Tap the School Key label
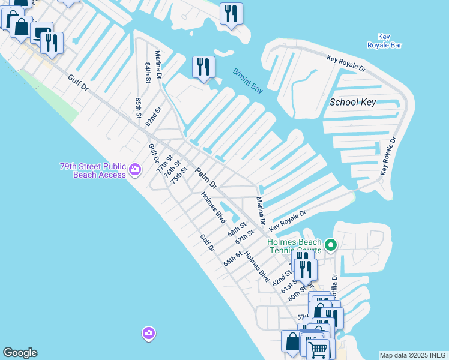pos(353,102)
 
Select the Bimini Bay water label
pos(248,81)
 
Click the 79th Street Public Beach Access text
pos(93,170)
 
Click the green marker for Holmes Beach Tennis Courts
pos(330,245)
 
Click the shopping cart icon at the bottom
pos(318,349)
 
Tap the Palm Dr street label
pos(205,178)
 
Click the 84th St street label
pos(148,71)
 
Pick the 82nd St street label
pos(154,116)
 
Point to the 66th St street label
pos(232,259)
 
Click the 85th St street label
pos(139,107)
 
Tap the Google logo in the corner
pos(20,353)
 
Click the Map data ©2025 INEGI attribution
pos(412,355)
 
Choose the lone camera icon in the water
pos(148,332)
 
